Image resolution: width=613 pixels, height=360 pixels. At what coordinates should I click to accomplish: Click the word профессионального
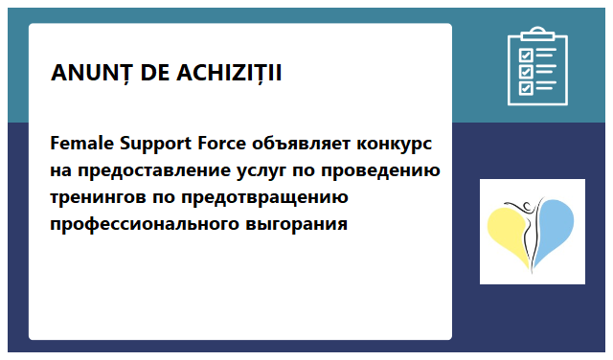click(147, 225)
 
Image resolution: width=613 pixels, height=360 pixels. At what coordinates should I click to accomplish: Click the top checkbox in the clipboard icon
click(525, 54)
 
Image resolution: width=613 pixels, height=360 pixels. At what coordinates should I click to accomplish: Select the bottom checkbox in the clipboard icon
click(525, 88)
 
